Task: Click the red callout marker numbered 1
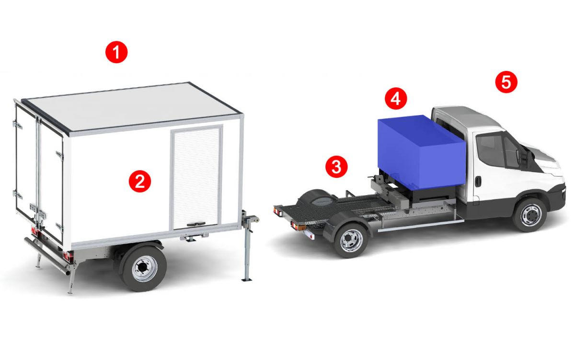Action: (116, 52)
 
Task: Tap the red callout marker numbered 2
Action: (139, 181)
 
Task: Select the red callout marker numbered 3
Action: (336, 167)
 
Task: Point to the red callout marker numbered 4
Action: (396, 99)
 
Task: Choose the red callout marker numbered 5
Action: (506, 82)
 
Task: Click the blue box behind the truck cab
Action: (422, 152)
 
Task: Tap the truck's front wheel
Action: (529, 215)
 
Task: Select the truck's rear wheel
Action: (351, 240)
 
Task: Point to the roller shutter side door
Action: (196, 178)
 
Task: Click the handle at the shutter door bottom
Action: (196, 224)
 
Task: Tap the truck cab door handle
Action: (478, 181)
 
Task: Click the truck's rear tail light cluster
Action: (278, 211)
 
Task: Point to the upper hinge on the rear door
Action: (17, 125)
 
